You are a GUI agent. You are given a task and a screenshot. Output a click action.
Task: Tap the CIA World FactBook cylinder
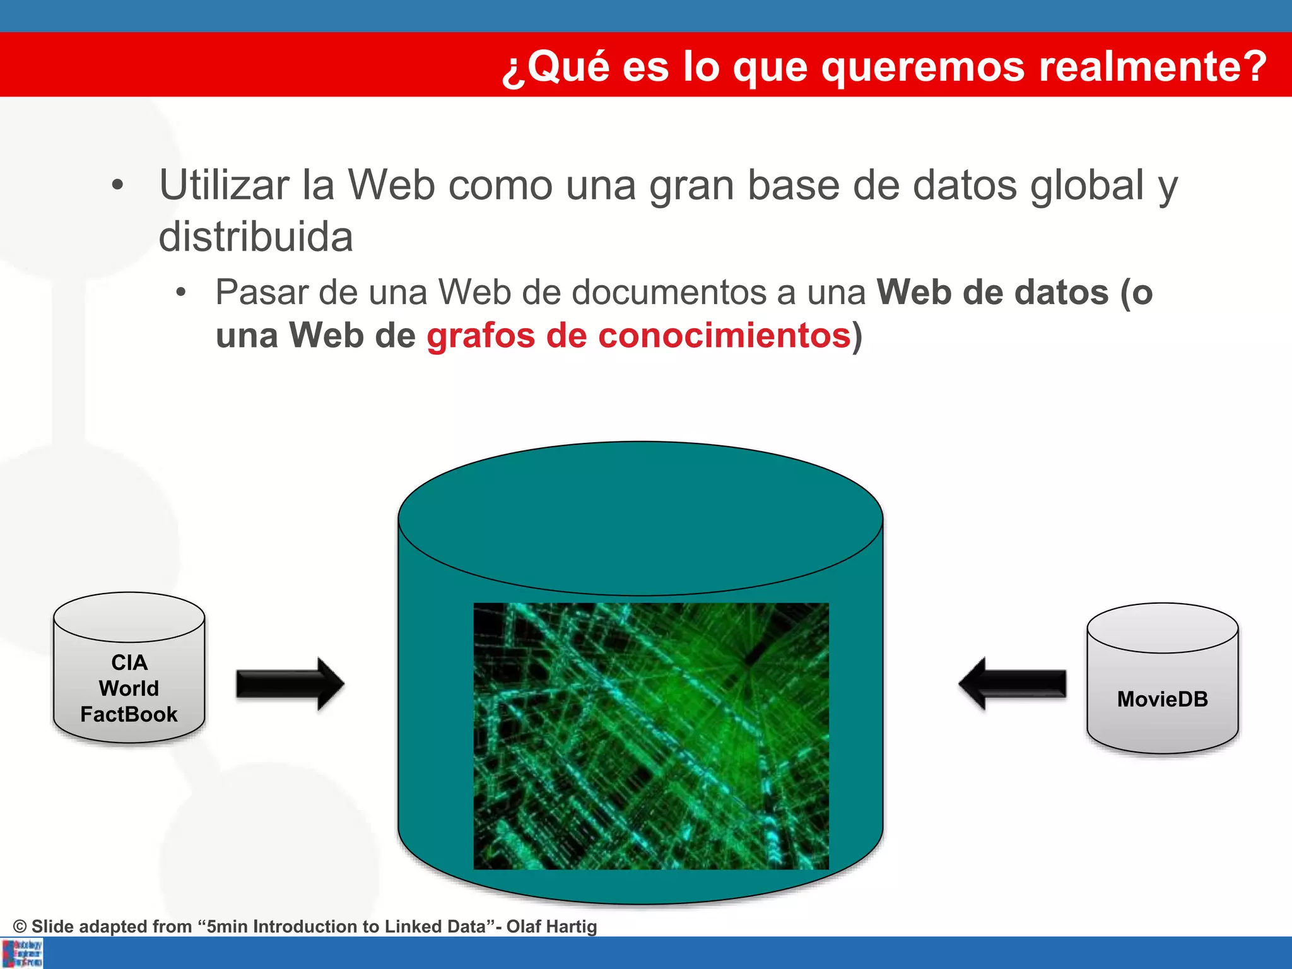(129, 669)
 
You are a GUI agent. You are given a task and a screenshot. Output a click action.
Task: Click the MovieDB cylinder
(1162, 679)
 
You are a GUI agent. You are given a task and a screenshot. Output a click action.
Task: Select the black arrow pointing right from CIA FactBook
(290, 684)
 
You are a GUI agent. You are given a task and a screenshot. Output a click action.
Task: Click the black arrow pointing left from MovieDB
(1012, 684)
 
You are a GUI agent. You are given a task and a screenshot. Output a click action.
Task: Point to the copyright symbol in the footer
(20, 926)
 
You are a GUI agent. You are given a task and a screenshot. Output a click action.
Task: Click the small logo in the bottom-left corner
(22, 953)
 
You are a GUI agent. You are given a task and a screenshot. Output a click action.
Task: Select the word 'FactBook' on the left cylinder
(129, 714)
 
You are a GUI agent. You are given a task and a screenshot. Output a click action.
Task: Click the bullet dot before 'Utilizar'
(117, 185)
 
